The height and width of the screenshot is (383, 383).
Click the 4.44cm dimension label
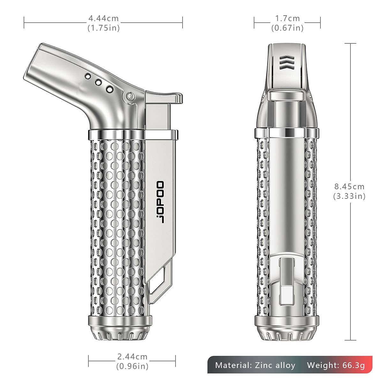[104, 19]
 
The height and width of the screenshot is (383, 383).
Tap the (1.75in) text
[104, 28]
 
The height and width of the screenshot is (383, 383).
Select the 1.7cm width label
[287, 19]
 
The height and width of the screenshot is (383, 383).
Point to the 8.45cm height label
[349, 186]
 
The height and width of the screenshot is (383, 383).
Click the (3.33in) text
[349, 196]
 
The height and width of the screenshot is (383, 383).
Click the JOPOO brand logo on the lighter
[159, 202]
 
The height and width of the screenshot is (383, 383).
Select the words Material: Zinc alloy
[255, 365]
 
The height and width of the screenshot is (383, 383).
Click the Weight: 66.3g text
[336, 365]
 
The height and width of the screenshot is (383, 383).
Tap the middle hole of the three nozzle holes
[98, 83]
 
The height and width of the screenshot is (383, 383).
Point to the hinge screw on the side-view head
[130, 95]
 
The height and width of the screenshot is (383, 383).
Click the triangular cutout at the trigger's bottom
[160, 281]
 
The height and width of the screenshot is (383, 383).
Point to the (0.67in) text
[287, 28]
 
